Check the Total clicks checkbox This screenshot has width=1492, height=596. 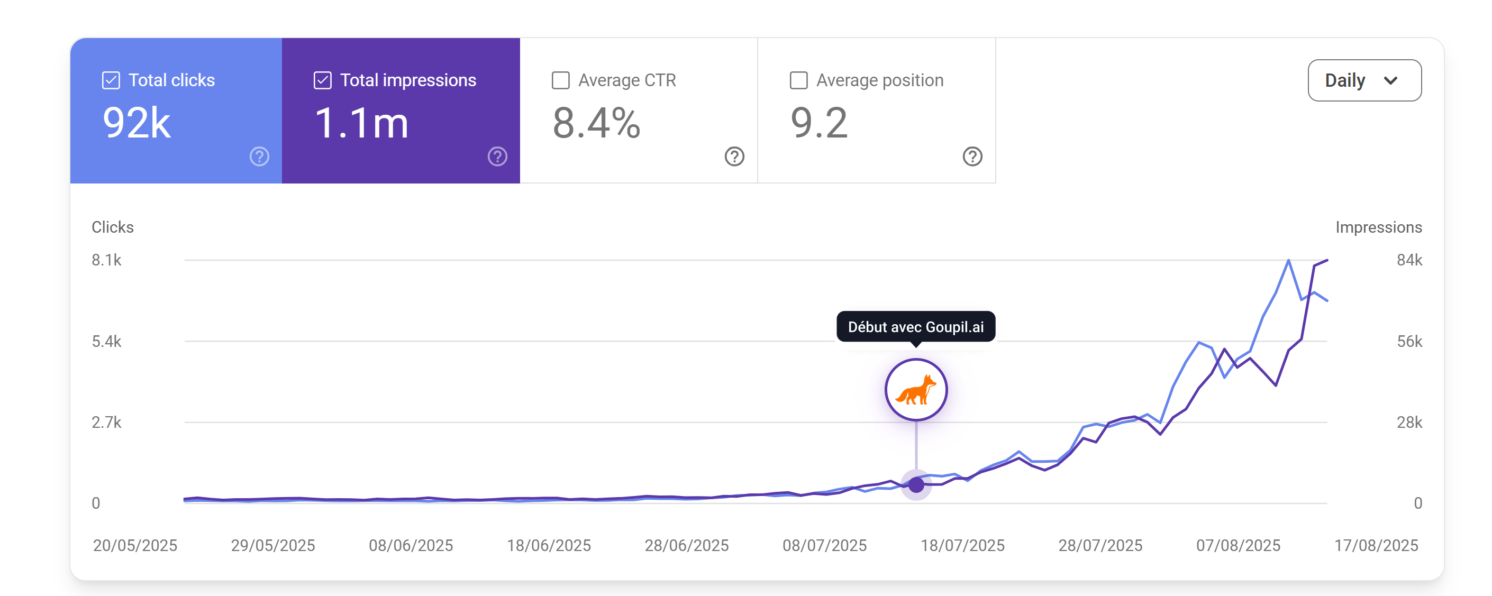pyautogui.click(x=111, y=80)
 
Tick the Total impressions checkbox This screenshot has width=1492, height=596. pyautogui.click(x=323, y=80)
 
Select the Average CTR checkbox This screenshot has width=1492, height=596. pyautogui.click(x=561, y=80)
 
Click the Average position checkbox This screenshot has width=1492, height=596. pyautogui.click(x=799, y=80)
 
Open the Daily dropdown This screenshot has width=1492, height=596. pyautogui.click(x=1364, y=80)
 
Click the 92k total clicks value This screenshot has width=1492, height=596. pyautogui.click(x=137, y=123)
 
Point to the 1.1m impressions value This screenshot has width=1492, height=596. pyautogui.click(x=361, y=123)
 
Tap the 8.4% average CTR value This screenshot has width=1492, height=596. pyautogui.click(x=597, y=123)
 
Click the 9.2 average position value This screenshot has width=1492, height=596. pyautogui.click(x=819, y=123)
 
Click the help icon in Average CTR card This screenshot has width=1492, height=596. pyautogui.click(x=734, y=157)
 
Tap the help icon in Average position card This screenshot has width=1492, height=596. pyautogui.click(x=972, y=157)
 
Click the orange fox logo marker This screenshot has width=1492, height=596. pyautogui.click(x=916, y=390)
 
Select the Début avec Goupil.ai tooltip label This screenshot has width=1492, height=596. pyautogui.click(x=916, y=327)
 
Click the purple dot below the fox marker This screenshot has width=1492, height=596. pyautogui.click(x=916, y=484)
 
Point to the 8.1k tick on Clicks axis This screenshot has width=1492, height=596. pyautogui.click(x=106, y=260)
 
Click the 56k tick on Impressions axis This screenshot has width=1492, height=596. pyautogui.click(x=1409, y=341)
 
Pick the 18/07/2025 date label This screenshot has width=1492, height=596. pyautogui.click(x=962, y=545)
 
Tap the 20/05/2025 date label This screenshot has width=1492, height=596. pyautogui.click(x=135, y=545)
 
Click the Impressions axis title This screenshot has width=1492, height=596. pyautogui.click(x=1378, y=227)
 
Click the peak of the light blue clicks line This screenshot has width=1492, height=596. pyautogui.click(x=1288, y=260)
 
